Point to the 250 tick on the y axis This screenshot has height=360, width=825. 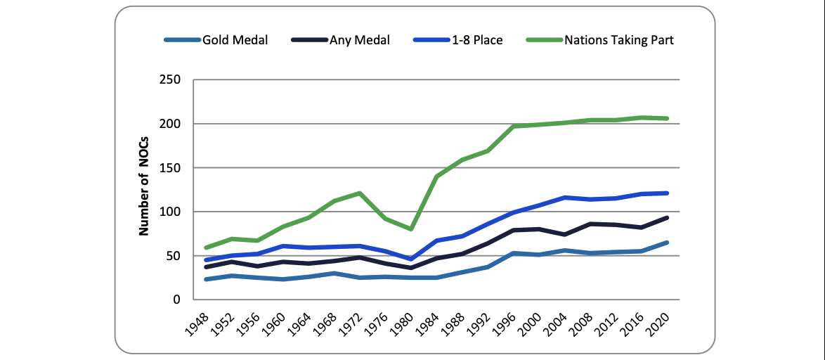(171, 80)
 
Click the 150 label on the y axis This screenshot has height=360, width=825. (171, 168)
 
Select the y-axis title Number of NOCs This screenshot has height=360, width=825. (144, 190)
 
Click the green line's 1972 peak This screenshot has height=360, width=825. (359, 193)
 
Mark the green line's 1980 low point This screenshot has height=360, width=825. (410, 229)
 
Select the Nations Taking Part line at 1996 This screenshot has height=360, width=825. (513, 127)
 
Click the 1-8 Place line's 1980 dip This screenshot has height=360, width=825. (410, 259)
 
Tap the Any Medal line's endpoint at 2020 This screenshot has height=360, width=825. (666, 218)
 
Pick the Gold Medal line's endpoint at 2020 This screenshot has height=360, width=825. (666, 243)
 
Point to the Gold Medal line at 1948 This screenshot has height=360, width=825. (206, 279)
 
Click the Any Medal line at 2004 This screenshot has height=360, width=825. (564, 234)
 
